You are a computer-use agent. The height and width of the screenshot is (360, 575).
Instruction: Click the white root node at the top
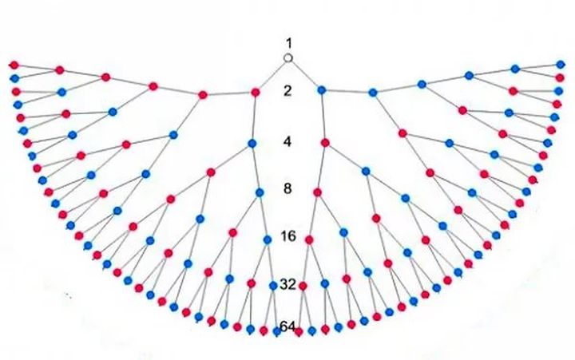[x=288, y=58]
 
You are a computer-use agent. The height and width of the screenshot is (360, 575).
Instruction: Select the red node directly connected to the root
[x=256, y=93]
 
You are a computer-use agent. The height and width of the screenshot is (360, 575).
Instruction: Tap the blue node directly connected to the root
[x=321, y=89]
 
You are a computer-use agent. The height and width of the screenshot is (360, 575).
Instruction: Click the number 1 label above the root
[x=289, y=42]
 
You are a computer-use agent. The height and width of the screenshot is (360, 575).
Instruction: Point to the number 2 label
[x=289, y=91]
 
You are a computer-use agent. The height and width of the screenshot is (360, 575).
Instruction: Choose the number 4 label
[x=289, y=142]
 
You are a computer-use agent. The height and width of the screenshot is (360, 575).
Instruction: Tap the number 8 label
[x=289, y=189]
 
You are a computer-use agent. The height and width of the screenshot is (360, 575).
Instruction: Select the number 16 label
[x=289, y=236]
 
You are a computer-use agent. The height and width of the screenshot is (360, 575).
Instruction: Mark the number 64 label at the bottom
[x=287, y=326]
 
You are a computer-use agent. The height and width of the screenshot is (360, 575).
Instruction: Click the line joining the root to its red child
[x=272, y=75]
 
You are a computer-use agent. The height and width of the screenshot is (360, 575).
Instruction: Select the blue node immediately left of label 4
[x=252, y=144]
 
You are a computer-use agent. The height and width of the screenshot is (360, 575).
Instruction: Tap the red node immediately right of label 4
[x=325, y=144]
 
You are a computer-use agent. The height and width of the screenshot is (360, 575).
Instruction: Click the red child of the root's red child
[x=203, y=94]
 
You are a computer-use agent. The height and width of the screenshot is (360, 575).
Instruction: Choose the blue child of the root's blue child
[x=372, y=93]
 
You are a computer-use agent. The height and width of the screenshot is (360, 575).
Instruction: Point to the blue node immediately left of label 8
[x=259, y=192]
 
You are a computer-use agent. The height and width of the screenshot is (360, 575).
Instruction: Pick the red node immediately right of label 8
[x=318, y=192]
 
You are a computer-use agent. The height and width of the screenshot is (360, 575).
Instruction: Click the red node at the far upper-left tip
[x=13, y=65]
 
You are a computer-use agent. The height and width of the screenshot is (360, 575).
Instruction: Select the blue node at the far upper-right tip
[x=561, y=65]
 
